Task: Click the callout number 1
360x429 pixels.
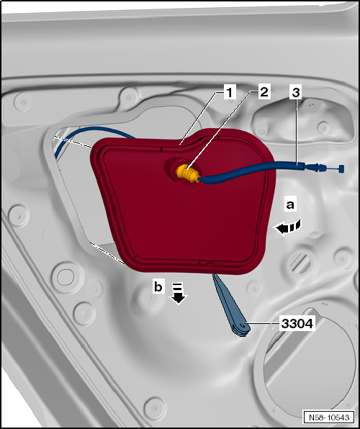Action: click(228, 92)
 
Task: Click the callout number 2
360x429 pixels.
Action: click(264, 92)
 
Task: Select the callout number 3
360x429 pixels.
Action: click(296, 92)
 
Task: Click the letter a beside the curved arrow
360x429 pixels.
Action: click(290, 205)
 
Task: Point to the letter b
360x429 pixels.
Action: click(158, 286)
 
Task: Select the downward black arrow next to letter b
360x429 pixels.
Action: click(176, 294)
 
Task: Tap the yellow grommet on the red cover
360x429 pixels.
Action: click(186, 173)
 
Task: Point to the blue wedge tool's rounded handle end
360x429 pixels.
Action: click(240, 330)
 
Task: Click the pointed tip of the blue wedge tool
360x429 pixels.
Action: click(214, 276)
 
